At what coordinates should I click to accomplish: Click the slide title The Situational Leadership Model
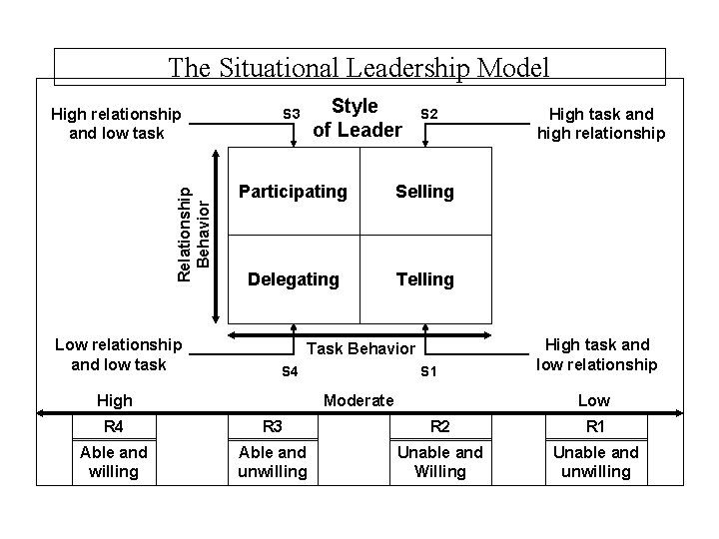(359, 67)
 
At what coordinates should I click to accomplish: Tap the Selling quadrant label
(424, 191)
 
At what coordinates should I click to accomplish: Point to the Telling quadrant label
(424, 279)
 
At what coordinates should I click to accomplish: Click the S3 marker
(292, 114)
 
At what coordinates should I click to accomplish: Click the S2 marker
(427, 114)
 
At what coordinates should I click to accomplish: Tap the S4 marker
(290, 372)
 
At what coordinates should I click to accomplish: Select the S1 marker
(428, 372)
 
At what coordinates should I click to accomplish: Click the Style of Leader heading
(356, 118)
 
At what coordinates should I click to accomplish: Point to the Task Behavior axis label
(359, 348)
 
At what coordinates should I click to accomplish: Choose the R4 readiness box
(113, 425)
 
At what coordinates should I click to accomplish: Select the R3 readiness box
(272, 425)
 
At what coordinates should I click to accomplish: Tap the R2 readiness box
(439, 425)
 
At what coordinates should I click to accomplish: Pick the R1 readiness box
(596, 425)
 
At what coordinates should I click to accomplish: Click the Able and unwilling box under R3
(272, 461)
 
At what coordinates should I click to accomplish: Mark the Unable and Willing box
(439, 461)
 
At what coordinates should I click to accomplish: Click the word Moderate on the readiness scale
(359, 400)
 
